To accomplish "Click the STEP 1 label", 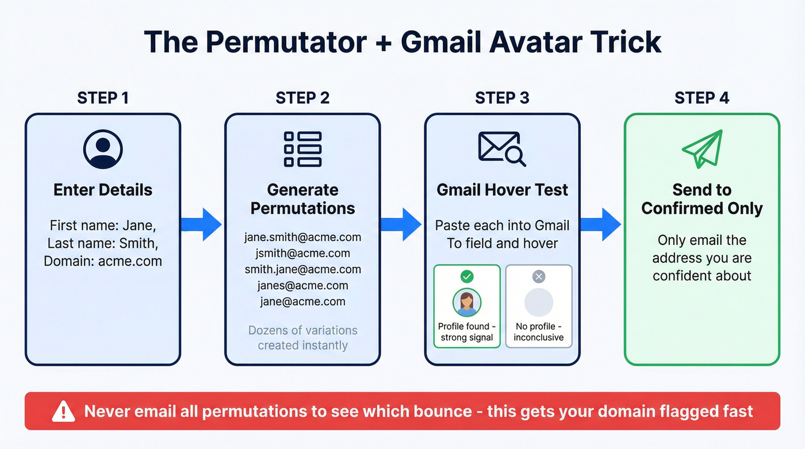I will (103, 98).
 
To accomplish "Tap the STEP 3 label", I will (502, 98).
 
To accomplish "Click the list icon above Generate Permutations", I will (302, 149).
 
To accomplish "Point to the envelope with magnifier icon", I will (502, 149).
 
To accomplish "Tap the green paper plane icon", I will (701, 149).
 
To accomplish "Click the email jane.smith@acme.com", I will (302, 237).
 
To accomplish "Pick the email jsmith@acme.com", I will (302, 253).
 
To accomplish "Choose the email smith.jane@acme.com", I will (302, 269).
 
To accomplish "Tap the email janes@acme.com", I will (302, 285).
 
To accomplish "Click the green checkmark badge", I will (467, 277).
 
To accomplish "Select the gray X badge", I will (539, 277).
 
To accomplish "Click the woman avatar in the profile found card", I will (467, 302).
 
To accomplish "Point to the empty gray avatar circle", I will (539, 302).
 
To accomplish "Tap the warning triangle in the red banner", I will (63, 411).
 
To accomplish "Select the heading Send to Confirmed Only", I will (701, 199).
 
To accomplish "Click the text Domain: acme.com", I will (103, 261).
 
